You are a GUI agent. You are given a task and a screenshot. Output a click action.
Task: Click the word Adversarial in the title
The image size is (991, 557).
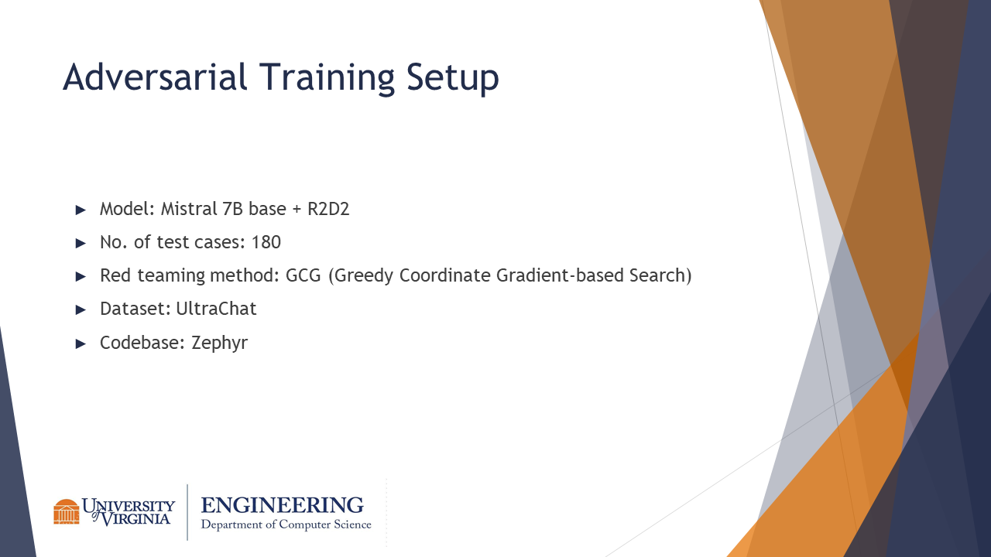pyautogui.click(x=155, y=77)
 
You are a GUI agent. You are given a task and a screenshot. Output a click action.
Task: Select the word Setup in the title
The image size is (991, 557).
pyautogui.click(x=453, y=79)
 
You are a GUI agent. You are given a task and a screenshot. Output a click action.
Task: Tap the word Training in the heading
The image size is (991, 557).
pyautogui.click(x=327, y=79)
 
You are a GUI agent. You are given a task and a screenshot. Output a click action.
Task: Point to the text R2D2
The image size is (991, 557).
pyautogui.click(x=328, y=209)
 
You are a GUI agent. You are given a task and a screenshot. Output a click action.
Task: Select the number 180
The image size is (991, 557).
pyautogui.click(x=266, y=242)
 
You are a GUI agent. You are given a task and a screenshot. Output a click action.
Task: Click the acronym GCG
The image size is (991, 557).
pyautogui.click(x=303, y=275)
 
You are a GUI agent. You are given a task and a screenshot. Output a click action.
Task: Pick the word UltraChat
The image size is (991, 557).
pyautogui.click(x=216, y=309)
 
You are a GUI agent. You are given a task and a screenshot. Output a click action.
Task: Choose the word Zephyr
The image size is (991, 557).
pyautogui.click(x=219, y=343)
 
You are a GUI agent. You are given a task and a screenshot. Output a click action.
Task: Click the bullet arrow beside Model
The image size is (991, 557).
pyautogui.click(x=81, y=210)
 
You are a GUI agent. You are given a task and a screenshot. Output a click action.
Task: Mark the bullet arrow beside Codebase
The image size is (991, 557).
pyautogui.click(x=81, y=343)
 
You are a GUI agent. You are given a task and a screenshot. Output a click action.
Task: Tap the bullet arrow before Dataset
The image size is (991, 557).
pyautogui.click(x=81, y=309)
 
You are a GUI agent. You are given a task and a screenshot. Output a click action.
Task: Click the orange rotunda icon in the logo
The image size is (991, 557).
pyautogui.click(x=67, y=511)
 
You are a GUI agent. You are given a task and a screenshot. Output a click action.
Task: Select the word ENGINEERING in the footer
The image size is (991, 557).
pyautogui.click(x=283, y=505)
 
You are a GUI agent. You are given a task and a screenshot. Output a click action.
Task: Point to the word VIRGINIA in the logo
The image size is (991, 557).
pyautogui.click(x=135, y=518)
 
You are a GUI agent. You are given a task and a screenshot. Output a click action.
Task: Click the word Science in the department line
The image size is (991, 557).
pyautogui.click(x=352, y=525)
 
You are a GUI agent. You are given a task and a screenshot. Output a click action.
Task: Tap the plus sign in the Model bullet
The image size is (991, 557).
pyautogui.click(x=297, y=210)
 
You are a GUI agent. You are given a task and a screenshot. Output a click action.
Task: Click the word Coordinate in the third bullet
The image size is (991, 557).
pyautogui.click(x=444, y=275)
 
